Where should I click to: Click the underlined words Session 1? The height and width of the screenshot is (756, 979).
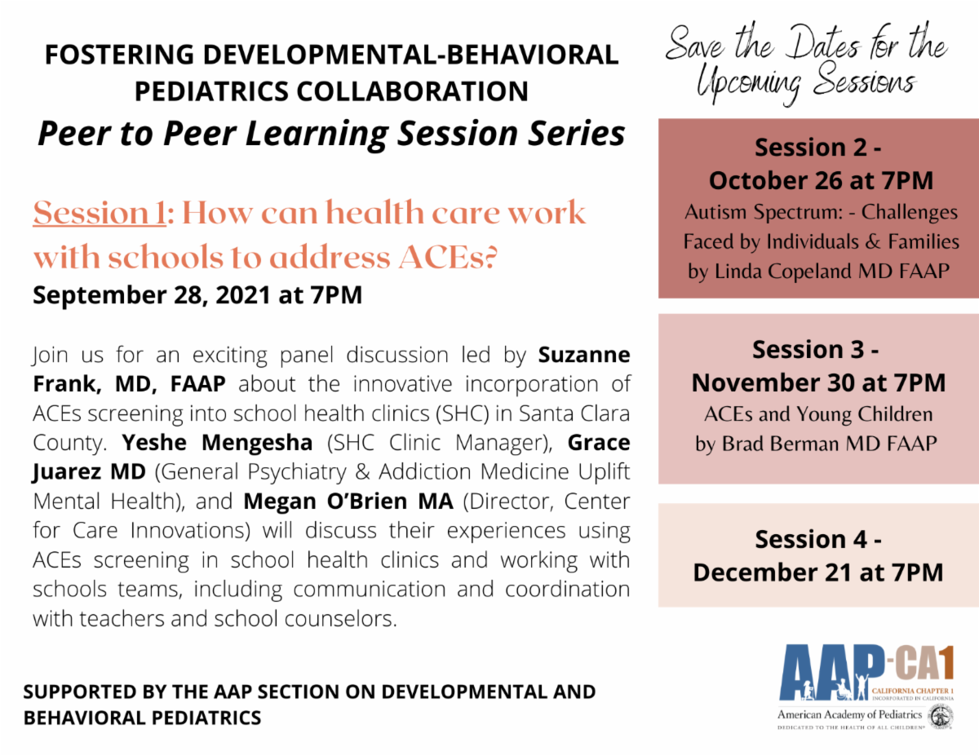100,213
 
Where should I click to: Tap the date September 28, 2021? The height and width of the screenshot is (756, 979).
152,295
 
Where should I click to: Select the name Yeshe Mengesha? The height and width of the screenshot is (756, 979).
217,443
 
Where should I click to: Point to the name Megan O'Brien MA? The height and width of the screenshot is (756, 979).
348,502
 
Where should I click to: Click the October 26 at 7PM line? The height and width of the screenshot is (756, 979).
821,180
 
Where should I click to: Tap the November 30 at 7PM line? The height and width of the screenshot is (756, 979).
818,382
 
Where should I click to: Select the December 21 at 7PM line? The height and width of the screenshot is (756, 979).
818,573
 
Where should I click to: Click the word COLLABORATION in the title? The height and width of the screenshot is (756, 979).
412,91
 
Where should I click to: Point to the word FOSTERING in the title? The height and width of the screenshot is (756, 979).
119,55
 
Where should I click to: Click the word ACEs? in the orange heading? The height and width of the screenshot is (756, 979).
447,257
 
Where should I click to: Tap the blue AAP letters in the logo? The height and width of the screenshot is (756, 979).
831,673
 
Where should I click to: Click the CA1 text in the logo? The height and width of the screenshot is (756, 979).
924,663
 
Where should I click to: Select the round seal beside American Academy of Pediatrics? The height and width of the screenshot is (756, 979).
941,717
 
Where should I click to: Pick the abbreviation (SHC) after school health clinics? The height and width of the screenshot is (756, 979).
462,413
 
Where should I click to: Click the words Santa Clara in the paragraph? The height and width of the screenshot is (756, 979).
574,413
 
